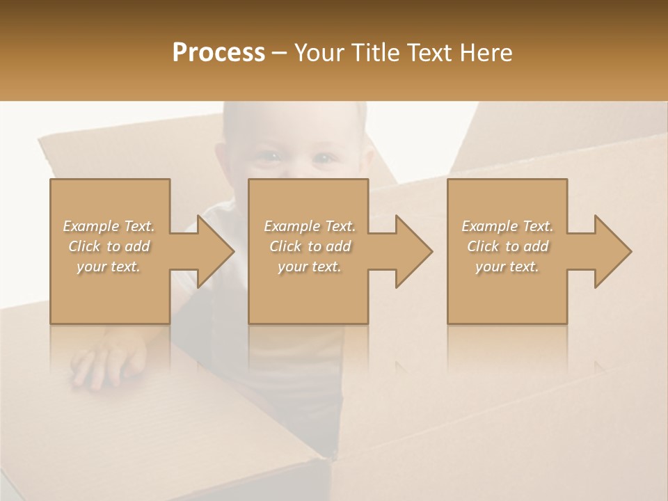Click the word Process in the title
pyautogui.click(x=218, y=53)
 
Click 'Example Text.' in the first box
pyautogui.click(x=109, y=226)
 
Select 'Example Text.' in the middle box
pyautogui.click(x=309, y=226)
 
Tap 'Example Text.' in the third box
pyautogui.click(x=507, y=226)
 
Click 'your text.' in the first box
pyautogui.click(x=109, y=267)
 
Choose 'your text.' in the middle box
pyautogui.click(x=309, y=267)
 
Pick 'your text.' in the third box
pyautogui.click(x=507, y=267)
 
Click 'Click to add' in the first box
pyautogui.click(x=109, y=246)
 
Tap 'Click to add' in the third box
pyautogui.click(x=507, y=246)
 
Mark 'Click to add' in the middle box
pyautogui.click(x=309, y=246)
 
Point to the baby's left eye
pyautogui.click(x=324, y=159)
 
